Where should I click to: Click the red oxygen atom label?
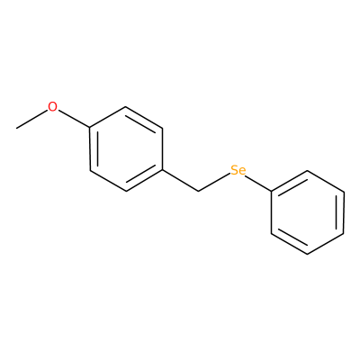(x=52, y=107)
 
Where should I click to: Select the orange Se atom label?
(x=238, y=170)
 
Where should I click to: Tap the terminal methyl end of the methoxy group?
(x=17, y=129)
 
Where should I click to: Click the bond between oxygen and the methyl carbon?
(x=32, y=120)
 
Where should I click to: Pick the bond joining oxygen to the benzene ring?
(x=74, y=119)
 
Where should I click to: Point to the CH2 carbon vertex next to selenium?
(x=199, y=191)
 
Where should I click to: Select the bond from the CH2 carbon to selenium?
(x=214, y=182)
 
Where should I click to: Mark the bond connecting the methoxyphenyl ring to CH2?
(x=181, y=181)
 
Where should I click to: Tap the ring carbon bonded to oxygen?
(x=90, y=128)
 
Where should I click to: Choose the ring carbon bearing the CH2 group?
(x=163, y=170)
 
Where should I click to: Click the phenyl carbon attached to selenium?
(x=272, y=191)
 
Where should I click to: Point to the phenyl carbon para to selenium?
(x=344, y=233)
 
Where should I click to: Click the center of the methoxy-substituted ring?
(x=126, y=149)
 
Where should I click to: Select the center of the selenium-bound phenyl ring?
(x=308, y=212)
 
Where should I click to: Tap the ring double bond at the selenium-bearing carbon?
(x=290, y=181)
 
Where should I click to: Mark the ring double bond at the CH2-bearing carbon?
(x=145, y=181)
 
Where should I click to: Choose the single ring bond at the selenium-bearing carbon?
(x=272, y=212)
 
